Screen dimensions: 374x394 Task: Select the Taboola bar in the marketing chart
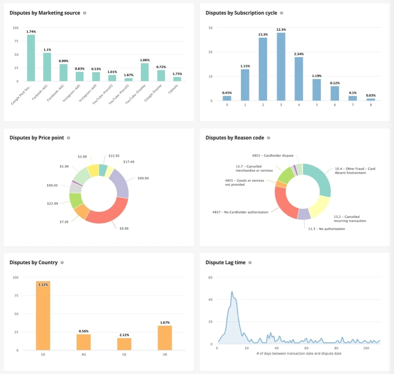coord(177,79)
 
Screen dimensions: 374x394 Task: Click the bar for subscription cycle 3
coord(281,67)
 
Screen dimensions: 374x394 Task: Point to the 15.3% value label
coord(263,35)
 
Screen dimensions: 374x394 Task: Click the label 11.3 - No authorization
coord(326,228)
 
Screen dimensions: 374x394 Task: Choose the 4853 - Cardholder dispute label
coord(273,156)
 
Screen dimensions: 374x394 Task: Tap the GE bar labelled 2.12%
coord(124,344)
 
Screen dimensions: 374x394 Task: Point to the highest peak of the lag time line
coord(232,292)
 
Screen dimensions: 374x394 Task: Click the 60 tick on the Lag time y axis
coord(210,277)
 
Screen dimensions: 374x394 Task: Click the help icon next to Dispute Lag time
coord(250,263)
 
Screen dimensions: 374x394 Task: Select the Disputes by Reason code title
coord(235,138)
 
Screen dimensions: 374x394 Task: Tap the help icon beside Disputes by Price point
coord(69,138)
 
